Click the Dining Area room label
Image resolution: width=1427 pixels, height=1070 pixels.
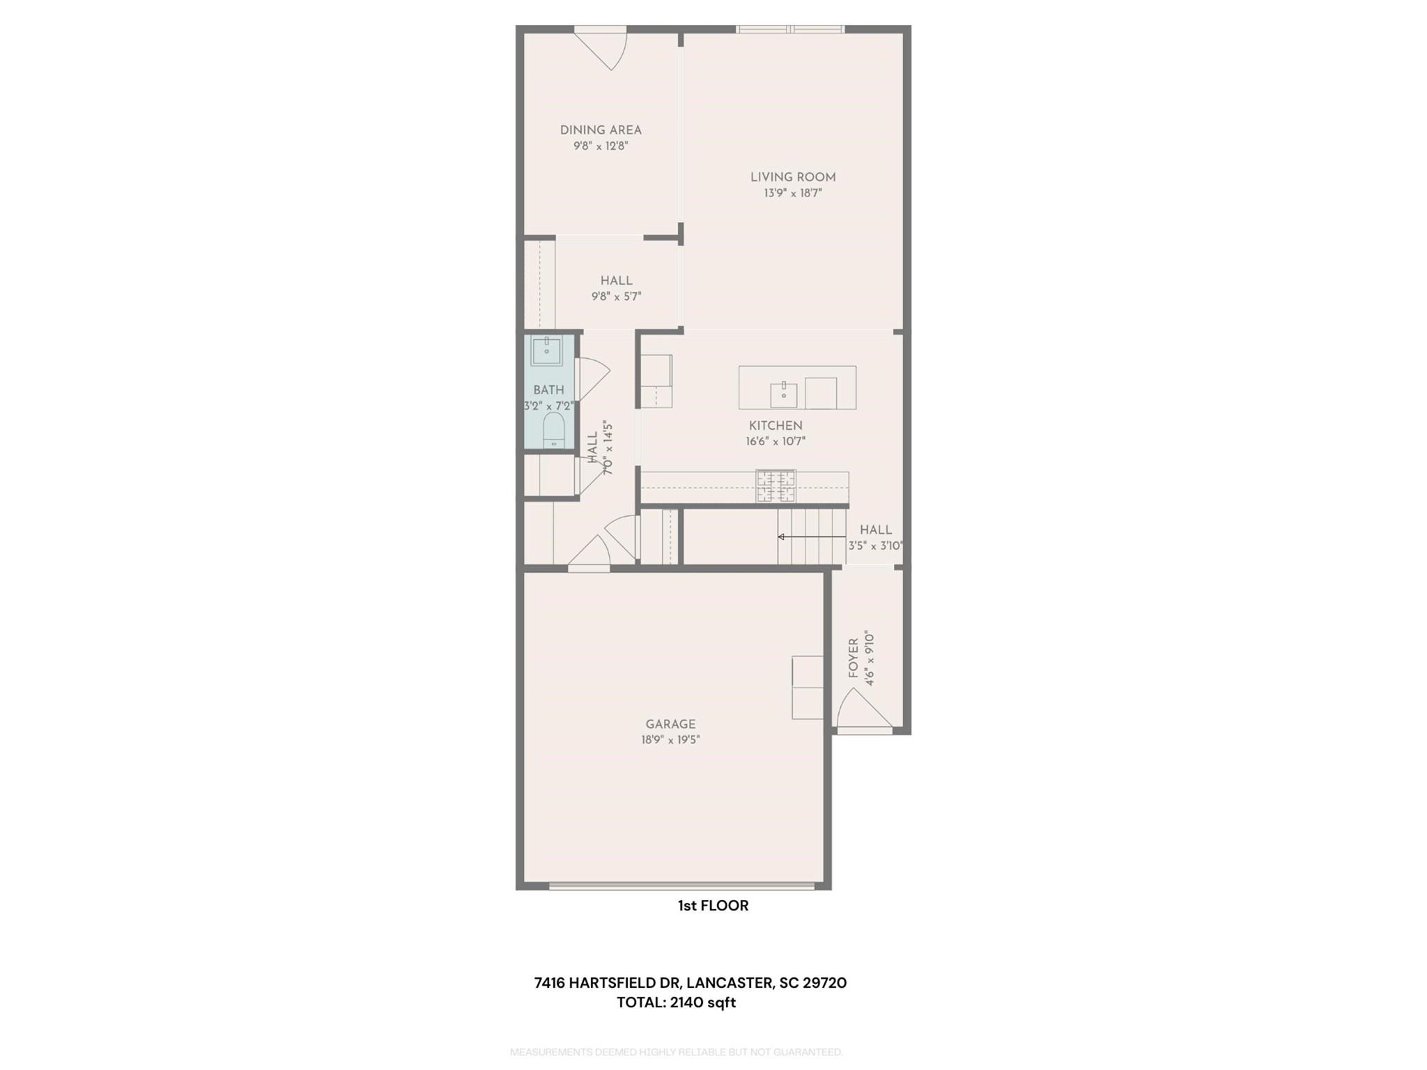pos(601,130)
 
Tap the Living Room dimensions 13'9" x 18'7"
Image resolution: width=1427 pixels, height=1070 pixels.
pos(793,193)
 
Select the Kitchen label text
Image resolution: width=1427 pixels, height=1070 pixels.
pos(776,426)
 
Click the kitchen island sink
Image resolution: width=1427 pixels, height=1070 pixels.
pos(784,394)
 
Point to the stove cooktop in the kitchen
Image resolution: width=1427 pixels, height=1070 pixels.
pos(776,486)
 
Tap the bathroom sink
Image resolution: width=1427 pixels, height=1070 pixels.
pos(547,350)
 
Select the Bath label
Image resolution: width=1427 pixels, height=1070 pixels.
pos(548,390)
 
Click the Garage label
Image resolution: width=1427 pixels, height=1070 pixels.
pos(670,724)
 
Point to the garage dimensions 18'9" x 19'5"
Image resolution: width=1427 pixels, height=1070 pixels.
pos(670,740)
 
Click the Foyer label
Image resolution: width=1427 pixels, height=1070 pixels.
pos(854,658)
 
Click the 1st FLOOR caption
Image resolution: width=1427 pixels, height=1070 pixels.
pos(713,906)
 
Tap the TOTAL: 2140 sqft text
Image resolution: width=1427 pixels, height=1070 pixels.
pos(676,1002)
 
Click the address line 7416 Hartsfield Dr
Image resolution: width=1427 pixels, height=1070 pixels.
pos(690,983)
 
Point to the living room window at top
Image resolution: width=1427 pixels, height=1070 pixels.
pos(790,29)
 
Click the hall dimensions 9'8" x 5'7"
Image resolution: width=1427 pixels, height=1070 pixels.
pos(616,297)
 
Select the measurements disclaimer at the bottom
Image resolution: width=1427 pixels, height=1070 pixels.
pos(676,1052)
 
